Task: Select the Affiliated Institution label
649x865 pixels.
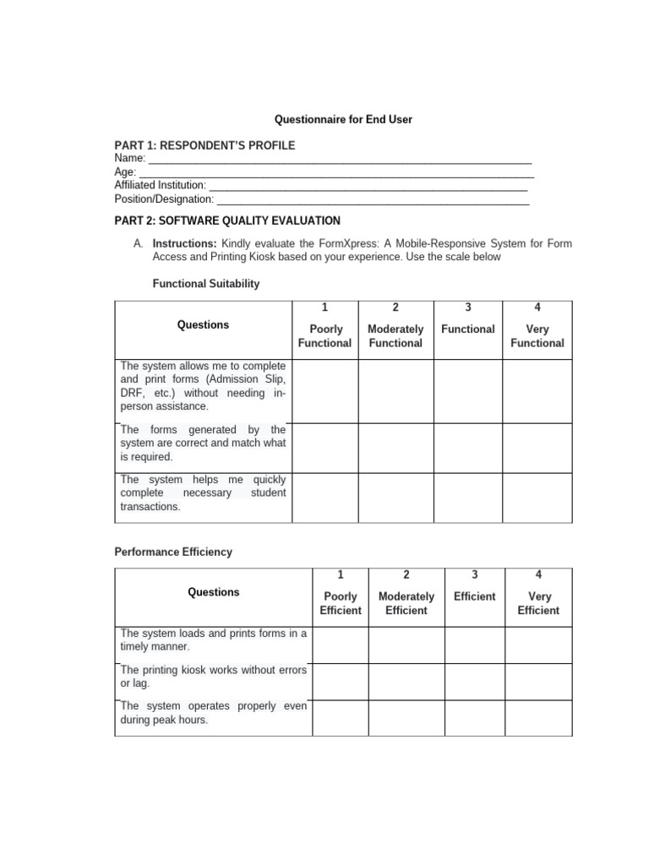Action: pos(160,185)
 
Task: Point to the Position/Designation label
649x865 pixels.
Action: pos(164,199)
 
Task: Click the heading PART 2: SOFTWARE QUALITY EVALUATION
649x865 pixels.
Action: pos(227,220)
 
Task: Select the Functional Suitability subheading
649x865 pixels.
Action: pos(205,284)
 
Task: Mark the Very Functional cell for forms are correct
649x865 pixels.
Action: pos(537,448)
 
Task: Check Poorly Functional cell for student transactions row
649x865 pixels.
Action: pos(324,498)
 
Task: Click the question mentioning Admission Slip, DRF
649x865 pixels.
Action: pos(203,386)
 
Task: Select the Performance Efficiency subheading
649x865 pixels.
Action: pos(173,552)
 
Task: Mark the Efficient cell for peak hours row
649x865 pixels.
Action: pos(474,717)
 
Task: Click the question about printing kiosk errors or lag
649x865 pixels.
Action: pos(213,677)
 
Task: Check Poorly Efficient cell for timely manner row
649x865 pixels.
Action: pos(340,645)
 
